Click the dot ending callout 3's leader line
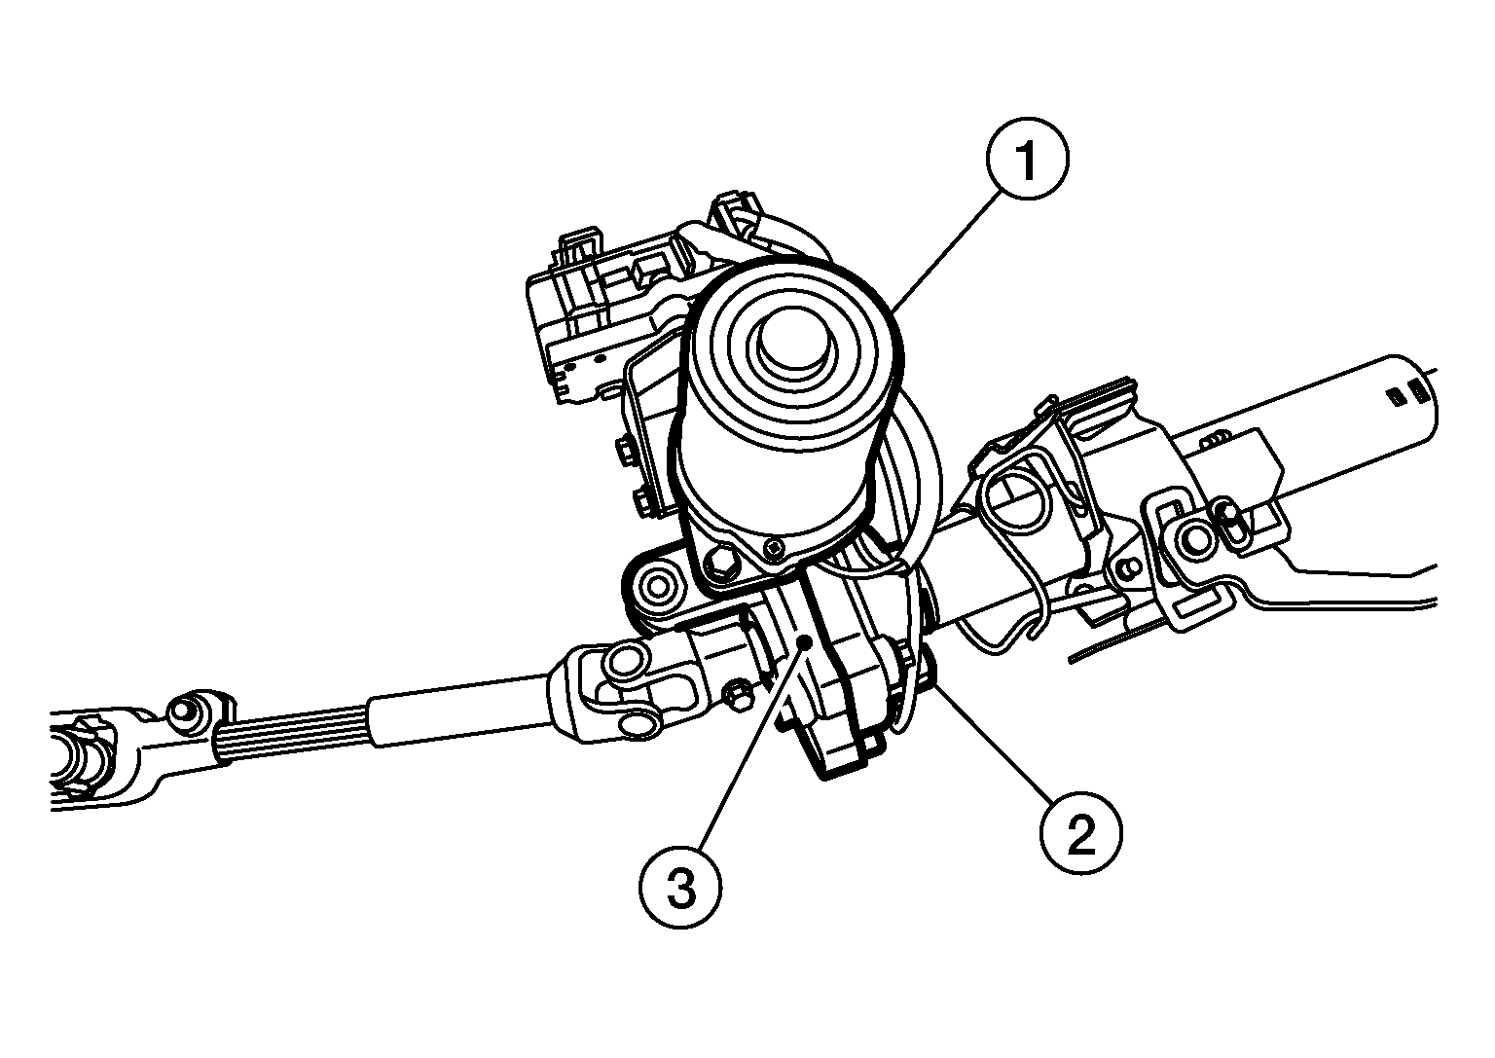click(x=804, y=641)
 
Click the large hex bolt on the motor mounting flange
click(x=722, y=562)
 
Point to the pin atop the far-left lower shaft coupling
click(x=182, y=711)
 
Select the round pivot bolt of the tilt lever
click(x=1195, y=539)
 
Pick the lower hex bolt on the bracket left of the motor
click(x=640, y=503)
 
